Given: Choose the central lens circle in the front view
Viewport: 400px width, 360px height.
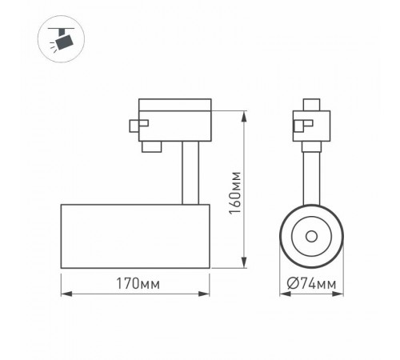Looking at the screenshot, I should [x=309, y=237].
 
